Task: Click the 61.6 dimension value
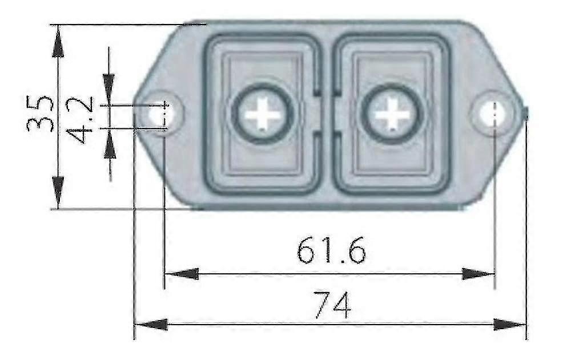331,251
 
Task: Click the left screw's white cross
263,114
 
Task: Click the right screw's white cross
392,114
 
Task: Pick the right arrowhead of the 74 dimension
510,325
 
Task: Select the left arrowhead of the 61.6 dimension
180,274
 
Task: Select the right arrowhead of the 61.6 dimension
478,274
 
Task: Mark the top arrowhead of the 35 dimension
58,43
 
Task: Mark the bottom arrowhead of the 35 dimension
58,191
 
